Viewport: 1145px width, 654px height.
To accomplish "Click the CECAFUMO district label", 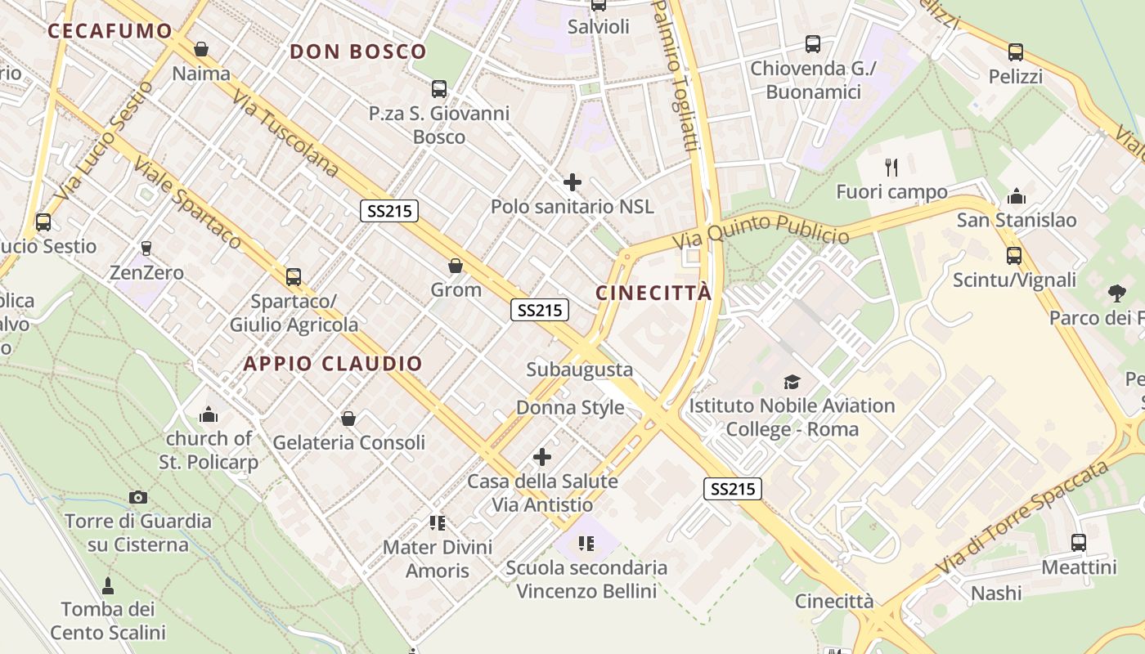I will [x=110, y=32].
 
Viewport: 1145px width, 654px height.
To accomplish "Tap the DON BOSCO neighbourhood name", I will [x=358, y=52].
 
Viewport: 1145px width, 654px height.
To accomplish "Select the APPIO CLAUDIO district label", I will [x=333, y=364].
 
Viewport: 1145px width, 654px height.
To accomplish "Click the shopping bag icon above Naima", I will [x=201, y=49].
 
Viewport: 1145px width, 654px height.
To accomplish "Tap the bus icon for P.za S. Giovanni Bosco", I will [x=439, y=89].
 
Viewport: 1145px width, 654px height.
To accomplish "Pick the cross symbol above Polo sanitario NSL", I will [x=572, y=182].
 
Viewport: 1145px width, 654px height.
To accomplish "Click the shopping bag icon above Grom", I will [x=456, y=266].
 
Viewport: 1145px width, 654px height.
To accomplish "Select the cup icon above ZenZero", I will [x=146, y=248].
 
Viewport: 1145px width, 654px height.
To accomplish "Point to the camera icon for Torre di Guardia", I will [x=138, y=497].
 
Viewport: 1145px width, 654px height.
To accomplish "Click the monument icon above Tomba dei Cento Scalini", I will [x=108, y=585].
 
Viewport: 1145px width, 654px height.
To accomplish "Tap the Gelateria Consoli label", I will [x=348, y=442].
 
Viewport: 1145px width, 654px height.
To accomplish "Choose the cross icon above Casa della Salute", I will [x=542, y=457].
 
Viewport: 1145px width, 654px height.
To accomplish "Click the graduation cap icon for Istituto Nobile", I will [x=792, y=382].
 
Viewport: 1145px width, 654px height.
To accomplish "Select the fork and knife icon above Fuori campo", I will [x=891, y=168].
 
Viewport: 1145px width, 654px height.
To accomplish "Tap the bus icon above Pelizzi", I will [x=1016, y=52].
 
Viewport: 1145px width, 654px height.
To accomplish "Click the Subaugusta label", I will [x=579, y=370].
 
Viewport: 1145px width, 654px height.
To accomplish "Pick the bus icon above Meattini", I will [x=1079, y=542].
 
